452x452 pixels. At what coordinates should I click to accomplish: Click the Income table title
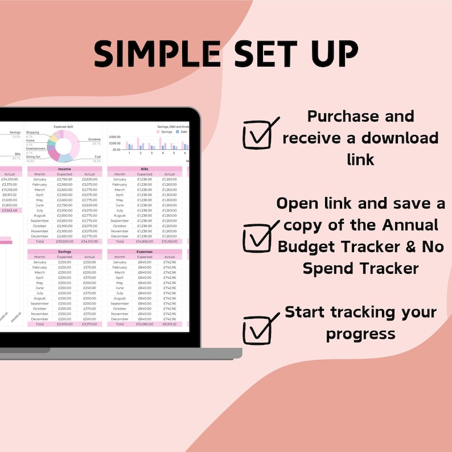tap(64, 169)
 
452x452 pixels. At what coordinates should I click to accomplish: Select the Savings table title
tap(64, 252)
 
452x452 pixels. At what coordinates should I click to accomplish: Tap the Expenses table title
tap(145, 252)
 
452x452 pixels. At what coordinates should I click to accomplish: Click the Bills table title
tap(145, 169)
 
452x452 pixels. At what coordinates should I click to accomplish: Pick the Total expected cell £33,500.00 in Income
tap(65, 241)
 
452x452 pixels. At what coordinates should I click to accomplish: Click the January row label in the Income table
tap(40, 179)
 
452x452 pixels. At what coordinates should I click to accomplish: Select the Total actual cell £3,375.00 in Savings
tap(89, 324)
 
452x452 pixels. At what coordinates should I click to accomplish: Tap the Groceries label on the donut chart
tap(94, 139)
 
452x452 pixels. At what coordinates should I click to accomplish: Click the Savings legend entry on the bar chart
tap(166, 132)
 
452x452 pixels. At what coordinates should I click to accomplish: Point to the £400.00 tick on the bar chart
tap(115, 137)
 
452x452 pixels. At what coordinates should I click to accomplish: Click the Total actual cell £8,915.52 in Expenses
tap(170, 324)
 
